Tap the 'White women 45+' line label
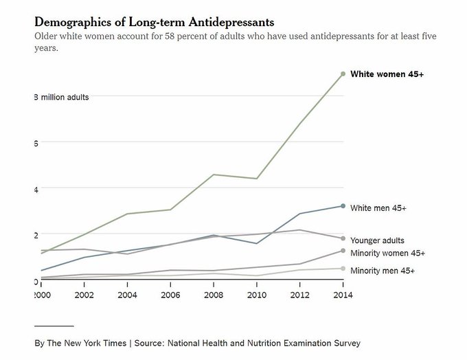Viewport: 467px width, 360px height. [387, 74]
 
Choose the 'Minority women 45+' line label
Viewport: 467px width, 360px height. [387, 254]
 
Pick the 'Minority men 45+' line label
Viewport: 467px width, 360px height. [383, 271]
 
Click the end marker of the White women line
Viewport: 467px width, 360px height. [343, 74]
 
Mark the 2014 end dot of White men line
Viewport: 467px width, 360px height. [343, 206]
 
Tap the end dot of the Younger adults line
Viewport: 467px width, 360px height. [343, 238]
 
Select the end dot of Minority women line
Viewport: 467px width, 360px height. [343, 251]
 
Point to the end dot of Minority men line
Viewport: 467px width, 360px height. [343, 269]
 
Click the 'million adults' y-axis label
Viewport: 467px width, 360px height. [64, 97]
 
